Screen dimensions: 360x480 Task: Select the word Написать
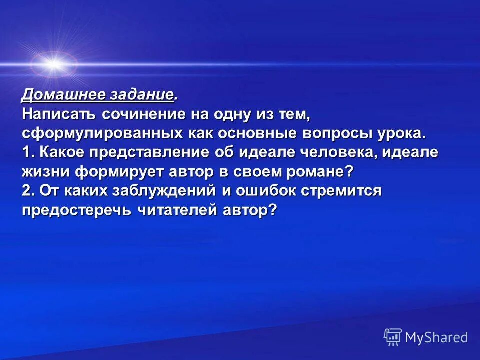tap(59, 114)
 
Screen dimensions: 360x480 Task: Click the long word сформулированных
tap(102, 133)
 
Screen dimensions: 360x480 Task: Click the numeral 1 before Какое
tap(26, 152)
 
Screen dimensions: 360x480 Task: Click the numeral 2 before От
tap(26, 190)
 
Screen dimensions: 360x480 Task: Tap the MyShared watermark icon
tap(393, 337)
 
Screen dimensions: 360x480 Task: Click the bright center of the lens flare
tap(53, 64)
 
